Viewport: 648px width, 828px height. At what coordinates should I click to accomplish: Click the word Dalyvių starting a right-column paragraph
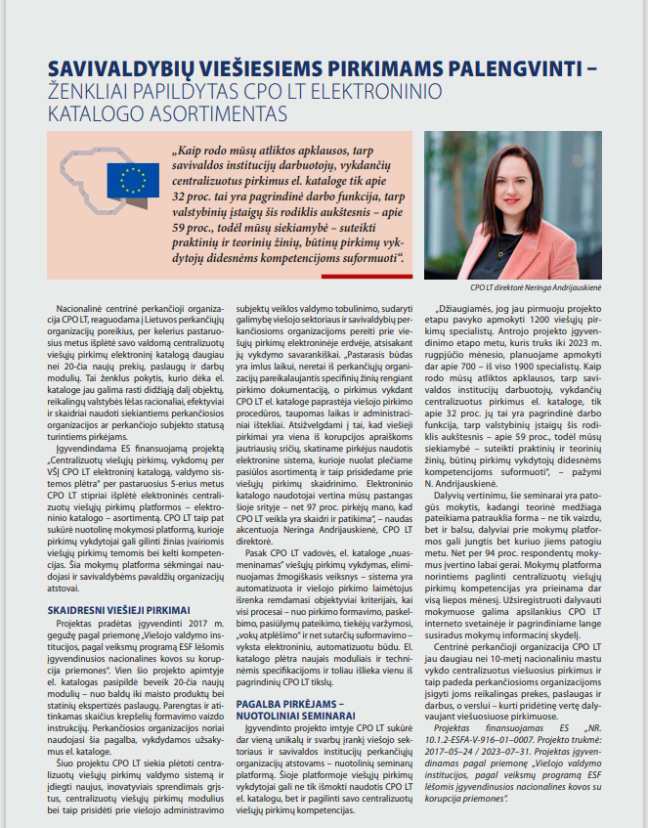tap(449, 522)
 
